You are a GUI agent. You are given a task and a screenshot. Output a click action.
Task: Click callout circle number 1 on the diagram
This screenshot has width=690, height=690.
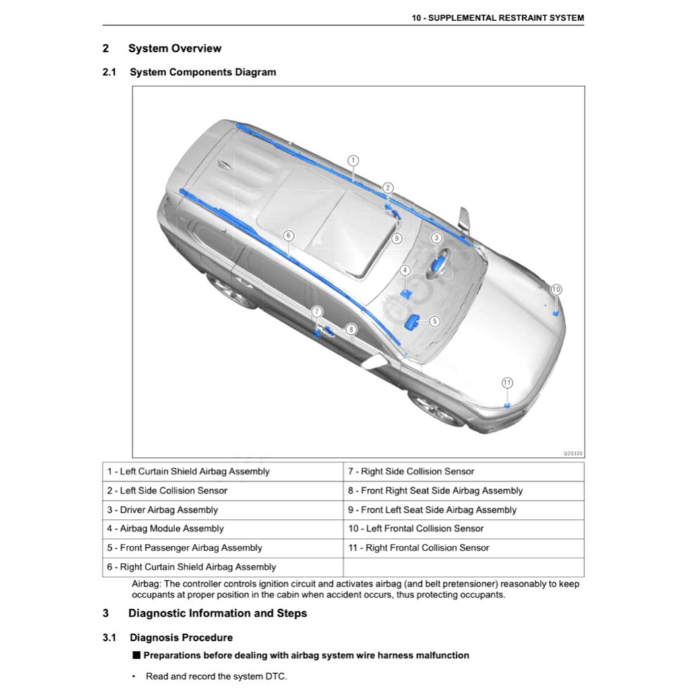tap(353, 160)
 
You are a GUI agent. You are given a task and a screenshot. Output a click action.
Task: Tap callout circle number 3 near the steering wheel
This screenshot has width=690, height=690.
tap(436, 238)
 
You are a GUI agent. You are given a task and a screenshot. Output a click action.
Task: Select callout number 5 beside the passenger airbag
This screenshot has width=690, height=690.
tap(435, 321)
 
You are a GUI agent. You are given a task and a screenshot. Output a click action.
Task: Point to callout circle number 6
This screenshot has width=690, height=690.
tap(288, 236)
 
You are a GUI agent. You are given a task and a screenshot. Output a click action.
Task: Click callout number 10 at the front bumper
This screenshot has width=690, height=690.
tap(556, 289)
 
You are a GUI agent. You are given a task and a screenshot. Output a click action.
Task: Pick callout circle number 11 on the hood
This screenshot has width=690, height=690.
tap(507, 383)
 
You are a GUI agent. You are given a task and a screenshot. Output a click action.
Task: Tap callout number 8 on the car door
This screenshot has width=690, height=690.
tap(351, 330)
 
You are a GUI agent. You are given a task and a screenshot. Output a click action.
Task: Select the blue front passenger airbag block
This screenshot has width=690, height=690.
tap(412, 322)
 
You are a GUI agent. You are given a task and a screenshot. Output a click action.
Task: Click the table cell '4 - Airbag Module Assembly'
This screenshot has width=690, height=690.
tap(223, 529)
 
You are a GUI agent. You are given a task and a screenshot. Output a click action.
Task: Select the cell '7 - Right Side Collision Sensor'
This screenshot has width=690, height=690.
tap(464, 472)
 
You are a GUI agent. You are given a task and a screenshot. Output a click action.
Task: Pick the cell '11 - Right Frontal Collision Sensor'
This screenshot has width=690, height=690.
tap(464, 548)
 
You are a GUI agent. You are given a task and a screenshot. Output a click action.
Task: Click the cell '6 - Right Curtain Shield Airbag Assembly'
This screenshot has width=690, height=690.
tap(223, 567)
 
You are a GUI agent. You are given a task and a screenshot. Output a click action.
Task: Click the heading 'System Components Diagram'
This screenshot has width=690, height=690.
tap(203, 72)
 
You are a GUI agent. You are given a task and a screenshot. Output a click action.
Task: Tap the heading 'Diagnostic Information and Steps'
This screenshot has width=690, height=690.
tap(218, 613)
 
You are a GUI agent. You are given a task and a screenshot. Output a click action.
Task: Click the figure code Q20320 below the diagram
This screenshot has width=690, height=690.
tap(572, 453)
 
